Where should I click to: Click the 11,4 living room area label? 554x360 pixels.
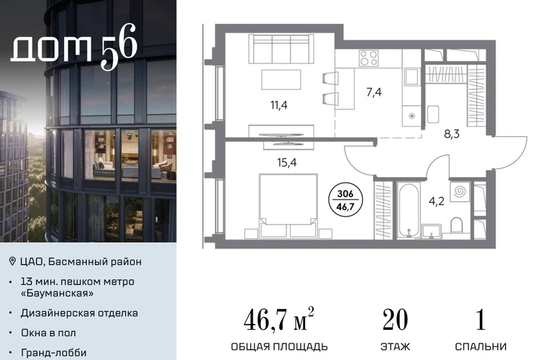click(x=278, y=105)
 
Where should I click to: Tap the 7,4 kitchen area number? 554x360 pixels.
click(x=374, y=92)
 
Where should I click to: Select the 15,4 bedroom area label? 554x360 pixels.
click(x=287, y=162)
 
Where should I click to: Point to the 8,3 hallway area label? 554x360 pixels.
click(x=452, y=134)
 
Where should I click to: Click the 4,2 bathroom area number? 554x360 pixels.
click(x=436, y=201)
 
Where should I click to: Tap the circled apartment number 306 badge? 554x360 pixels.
click(x=345, y=200)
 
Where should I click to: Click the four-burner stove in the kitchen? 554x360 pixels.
click(x=369, y=58)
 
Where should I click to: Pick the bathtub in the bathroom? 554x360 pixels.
click(x=409, y=210)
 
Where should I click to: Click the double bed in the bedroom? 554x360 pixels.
click(x=288, y=205)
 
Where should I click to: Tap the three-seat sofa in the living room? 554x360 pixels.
click(x=281, y=49)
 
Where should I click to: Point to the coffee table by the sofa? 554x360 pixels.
click(x=281, y=80)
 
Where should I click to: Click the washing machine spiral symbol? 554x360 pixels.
click(x=460, y=192)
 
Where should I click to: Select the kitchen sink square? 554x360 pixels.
click(x=412, y=77)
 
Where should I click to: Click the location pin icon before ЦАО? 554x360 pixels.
click(x=12, y=261)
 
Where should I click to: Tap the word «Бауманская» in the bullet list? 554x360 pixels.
click(x=58, y=293)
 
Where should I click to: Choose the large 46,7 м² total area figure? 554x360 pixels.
click(x=278, y=319)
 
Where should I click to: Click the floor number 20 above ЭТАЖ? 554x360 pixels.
click(x=395, y=320)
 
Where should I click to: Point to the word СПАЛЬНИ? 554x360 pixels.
click(x=481, y=346)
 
